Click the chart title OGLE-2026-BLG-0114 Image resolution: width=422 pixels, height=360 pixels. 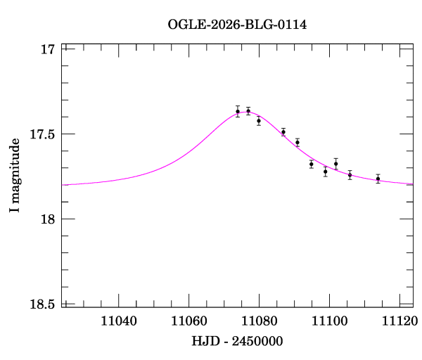pyautogui.click(x=237, y=25)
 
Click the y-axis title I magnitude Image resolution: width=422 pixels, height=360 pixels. pyautogui.click(x=15, y=176)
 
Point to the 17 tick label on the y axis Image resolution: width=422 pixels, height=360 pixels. pyautogui.click(x=47, y=49)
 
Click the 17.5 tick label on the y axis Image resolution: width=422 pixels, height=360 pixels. pyautogui.click(x=41, y=134)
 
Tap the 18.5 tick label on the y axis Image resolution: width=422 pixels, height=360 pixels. pyautogui.click(x=41, y=304)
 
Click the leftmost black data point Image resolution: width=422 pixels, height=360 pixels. pyautogui.click(x=238, y=111)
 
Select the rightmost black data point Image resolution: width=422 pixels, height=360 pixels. pyautogui.click(x=378, y=179)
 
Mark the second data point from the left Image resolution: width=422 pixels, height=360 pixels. pyautogui.click(x=248, y=111)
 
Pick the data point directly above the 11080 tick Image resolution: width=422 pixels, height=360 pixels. pyautogui.click(x=259, y=120)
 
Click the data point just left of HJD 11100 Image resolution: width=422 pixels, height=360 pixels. pyautogui.click(x=325, y=171)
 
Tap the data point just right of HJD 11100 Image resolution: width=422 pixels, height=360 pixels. pyautogui.click(x=335, y=163)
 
